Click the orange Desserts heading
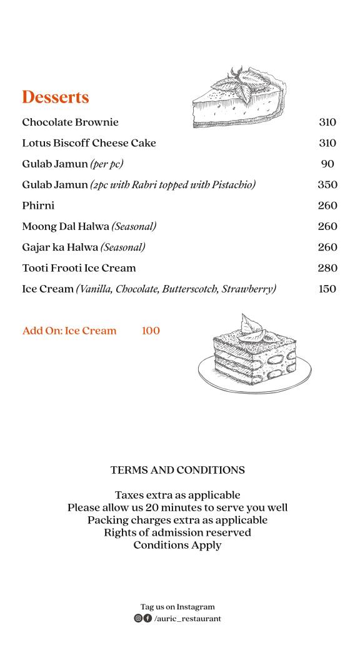(x=55, y=97)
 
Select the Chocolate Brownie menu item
(x=70, y=122)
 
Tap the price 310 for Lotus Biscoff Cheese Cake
(x=327, y=143)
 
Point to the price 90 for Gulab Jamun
(x=327, y=164)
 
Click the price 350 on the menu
(x=327, y=185)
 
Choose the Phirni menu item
(x=38, y=206)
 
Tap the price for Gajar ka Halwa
(x=327, y=247)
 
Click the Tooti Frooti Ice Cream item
(x=79, y=268)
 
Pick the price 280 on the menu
(x=327, y=268)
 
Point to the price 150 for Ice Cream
(x=327, y=289)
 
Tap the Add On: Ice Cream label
(x=69, y=331)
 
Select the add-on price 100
(x=151, y=331)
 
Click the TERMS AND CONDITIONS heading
(x=177, y=470)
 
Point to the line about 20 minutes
(x=177, y=507)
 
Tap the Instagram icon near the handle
(x=138, y=619)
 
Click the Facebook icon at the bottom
(x=147, y=619)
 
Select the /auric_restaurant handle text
(x=187, y=619)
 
